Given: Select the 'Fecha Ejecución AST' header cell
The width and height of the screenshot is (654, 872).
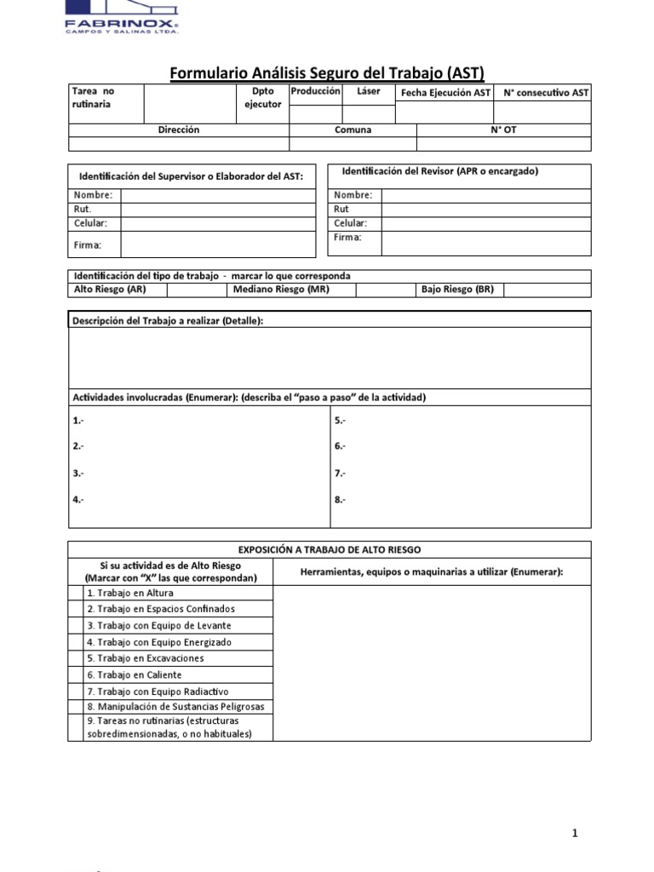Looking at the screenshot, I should coord(446,93).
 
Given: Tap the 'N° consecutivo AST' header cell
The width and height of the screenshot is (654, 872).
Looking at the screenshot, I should coord(544,93).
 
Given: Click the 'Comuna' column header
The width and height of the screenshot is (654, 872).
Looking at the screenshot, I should coord(353,130).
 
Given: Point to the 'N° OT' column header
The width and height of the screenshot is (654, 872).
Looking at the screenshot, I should coord(503,130).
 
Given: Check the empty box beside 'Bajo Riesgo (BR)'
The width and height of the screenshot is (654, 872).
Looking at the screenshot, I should coord(547,290).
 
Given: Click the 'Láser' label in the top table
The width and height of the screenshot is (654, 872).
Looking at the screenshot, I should coord(369,91).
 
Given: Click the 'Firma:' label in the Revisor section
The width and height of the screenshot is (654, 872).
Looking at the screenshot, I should coord(347,238).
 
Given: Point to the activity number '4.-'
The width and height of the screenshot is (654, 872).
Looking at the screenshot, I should coord(78,499).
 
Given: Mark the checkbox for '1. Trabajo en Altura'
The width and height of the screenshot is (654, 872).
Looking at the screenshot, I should coord(76,593).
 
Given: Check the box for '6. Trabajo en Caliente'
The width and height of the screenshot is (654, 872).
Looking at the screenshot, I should coord(76,674).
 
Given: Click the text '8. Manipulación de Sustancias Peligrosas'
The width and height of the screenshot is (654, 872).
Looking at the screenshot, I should coord(175,707).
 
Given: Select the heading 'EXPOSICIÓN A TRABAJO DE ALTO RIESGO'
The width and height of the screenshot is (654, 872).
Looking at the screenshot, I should coord(329,550).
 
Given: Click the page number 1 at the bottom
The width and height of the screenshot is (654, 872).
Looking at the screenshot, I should coord(575,834).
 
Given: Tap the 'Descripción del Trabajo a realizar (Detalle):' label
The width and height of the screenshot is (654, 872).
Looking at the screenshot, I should coord(168,319).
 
